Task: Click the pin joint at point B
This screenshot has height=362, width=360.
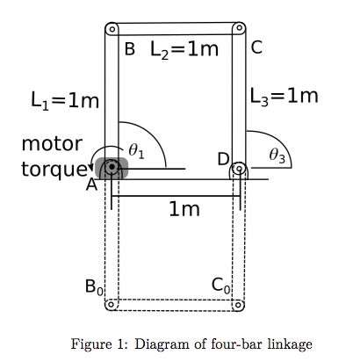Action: tap(111, 29)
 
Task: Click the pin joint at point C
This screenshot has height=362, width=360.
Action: tap(237, 29)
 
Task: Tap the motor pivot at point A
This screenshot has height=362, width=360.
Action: tap(112, 168)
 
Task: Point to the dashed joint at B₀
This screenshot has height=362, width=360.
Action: tap(111, 305)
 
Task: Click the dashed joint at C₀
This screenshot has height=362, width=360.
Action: tap(237, 305)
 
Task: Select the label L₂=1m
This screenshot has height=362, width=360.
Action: tap(184, 50)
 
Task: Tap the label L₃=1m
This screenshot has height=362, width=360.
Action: tap(284, 95)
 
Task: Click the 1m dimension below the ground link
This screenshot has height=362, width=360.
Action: tap(184, 209)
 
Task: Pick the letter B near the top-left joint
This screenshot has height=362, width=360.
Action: tap(129, 50)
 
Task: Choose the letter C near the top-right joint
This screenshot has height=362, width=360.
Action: tap(256, 47)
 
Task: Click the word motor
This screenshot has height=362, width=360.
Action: tap(52, 143)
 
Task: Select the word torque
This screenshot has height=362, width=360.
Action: tap(51, 167)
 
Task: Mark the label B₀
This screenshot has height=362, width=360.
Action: tap(94, 286)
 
